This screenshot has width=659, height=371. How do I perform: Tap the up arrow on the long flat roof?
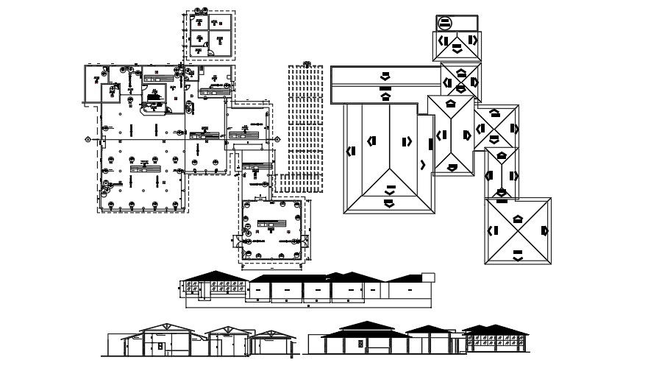(x=385, y=94)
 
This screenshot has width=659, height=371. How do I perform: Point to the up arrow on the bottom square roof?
(x=517, y=218)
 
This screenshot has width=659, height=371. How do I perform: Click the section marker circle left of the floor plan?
(x=88, y=138)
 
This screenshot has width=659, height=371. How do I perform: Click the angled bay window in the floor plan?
(x=154, y=107)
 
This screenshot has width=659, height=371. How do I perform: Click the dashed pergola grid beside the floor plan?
(x=305, y=125)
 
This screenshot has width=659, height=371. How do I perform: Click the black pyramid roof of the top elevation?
(x=215, y=276)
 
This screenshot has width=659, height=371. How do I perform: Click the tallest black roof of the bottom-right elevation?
(x=366, y=327)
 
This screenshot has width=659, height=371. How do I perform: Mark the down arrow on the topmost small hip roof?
(x=457, y=47)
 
